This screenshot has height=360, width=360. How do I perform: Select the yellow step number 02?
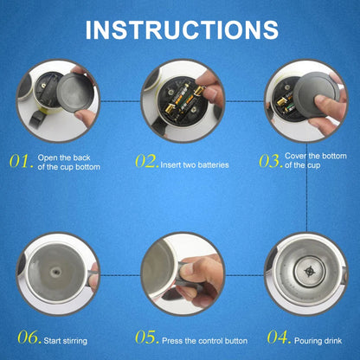tap(145, 161)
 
